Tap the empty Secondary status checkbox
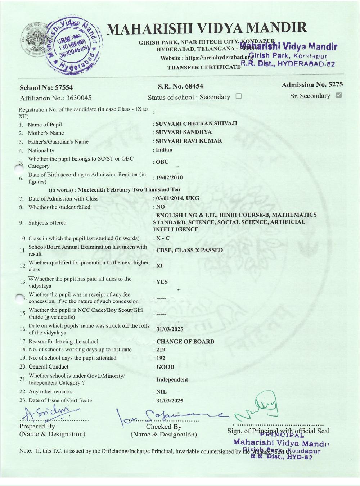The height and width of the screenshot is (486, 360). point(238,96)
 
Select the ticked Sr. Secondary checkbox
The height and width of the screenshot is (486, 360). point(338,95)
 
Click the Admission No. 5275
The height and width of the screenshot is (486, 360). point(312,85)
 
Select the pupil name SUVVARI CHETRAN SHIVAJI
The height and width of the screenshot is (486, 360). point(196,123)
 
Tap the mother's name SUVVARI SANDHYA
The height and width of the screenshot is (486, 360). point(184,132)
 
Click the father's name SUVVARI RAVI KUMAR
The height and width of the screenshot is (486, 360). point(189,141)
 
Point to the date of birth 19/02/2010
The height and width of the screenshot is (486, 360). point(169,177)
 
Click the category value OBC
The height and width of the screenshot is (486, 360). point(162,162)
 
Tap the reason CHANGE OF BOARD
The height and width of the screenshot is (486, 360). point(185,342)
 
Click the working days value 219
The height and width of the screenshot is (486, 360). point(161,350)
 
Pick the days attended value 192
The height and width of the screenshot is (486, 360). point(161,358)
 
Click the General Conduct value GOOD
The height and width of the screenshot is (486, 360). point(165,367)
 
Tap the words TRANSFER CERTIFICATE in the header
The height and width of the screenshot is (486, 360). point(204,67)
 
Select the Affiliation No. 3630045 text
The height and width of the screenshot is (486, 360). point(56,98)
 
